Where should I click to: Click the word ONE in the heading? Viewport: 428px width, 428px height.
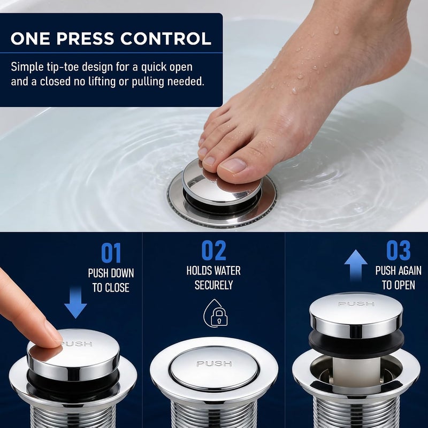[x=30, y=39]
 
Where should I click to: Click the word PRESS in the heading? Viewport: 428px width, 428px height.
[x=85, y=39]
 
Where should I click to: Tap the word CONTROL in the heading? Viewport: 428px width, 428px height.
[x=166, y=39]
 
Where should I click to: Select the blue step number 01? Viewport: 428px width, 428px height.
[x=111, y=253]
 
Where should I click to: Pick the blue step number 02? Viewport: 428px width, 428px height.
[x=213, y=250]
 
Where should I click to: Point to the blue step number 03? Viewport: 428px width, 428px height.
[x=398, y=250]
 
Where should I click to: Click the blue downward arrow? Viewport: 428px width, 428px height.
[x=75, y=302]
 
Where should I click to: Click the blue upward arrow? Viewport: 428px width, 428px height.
[x=356, y=265]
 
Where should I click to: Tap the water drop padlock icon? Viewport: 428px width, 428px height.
[x=216, y=314]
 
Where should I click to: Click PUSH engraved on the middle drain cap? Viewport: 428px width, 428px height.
[x=215, y=364]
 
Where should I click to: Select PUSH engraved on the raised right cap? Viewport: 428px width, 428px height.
[x=356, y=303]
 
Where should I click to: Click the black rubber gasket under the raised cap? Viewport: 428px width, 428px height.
[x=356, y=344]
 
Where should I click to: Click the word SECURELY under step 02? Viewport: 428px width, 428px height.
[x=213, y=285]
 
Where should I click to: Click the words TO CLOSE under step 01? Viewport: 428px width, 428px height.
[x=111, y=288]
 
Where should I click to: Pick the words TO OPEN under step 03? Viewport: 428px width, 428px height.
[x=398, y=285]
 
